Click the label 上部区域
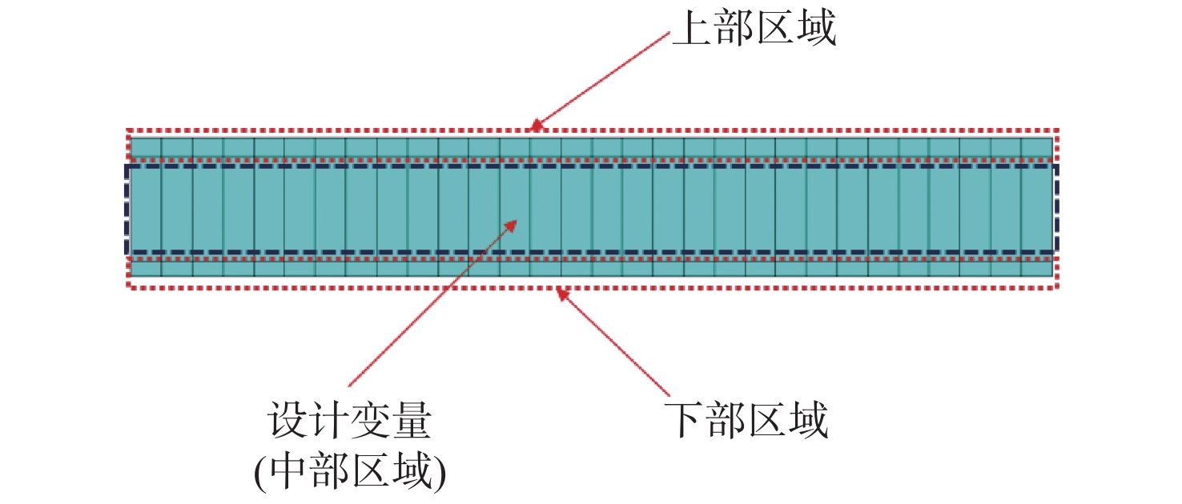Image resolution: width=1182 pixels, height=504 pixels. pos(754,28)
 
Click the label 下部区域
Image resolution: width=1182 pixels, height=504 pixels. pos(746,420)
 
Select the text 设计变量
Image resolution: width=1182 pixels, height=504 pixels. pos(349,420)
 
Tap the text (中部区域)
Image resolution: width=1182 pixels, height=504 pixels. pos(351,472)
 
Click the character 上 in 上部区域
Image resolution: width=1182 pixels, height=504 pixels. pos(691,28)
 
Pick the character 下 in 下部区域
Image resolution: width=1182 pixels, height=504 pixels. pos(683,420)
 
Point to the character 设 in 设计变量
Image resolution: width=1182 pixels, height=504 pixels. pos(287,420)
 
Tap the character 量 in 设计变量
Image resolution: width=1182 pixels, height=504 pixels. pos(412,420)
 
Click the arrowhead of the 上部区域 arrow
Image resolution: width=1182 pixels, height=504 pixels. pos(535,126)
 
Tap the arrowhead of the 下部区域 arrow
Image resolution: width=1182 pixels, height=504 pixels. pos(562,293)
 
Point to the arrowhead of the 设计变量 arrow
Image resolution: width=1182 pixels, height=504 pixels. pos(512,226)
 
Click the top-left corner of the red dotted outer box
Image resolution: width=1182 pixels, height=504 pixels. pos(128,130)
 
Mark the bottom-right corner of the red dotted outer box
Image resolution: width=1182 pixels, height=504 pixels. pos(1056,287)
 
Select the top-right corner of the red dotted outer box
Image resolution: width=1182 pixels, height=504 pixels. pos(1056,130)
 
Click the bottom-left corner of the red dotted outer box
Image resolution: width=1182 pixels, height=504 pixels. pos(128,287)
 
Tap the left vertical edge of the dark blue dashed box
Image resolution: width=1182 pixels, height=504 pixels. pos(127,210)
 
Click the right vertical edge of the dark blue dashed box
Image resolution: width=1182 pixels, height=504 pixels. pos(1056,210)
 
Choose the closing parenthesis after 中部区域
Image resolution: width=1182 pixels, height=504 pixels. pos(440,473)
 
